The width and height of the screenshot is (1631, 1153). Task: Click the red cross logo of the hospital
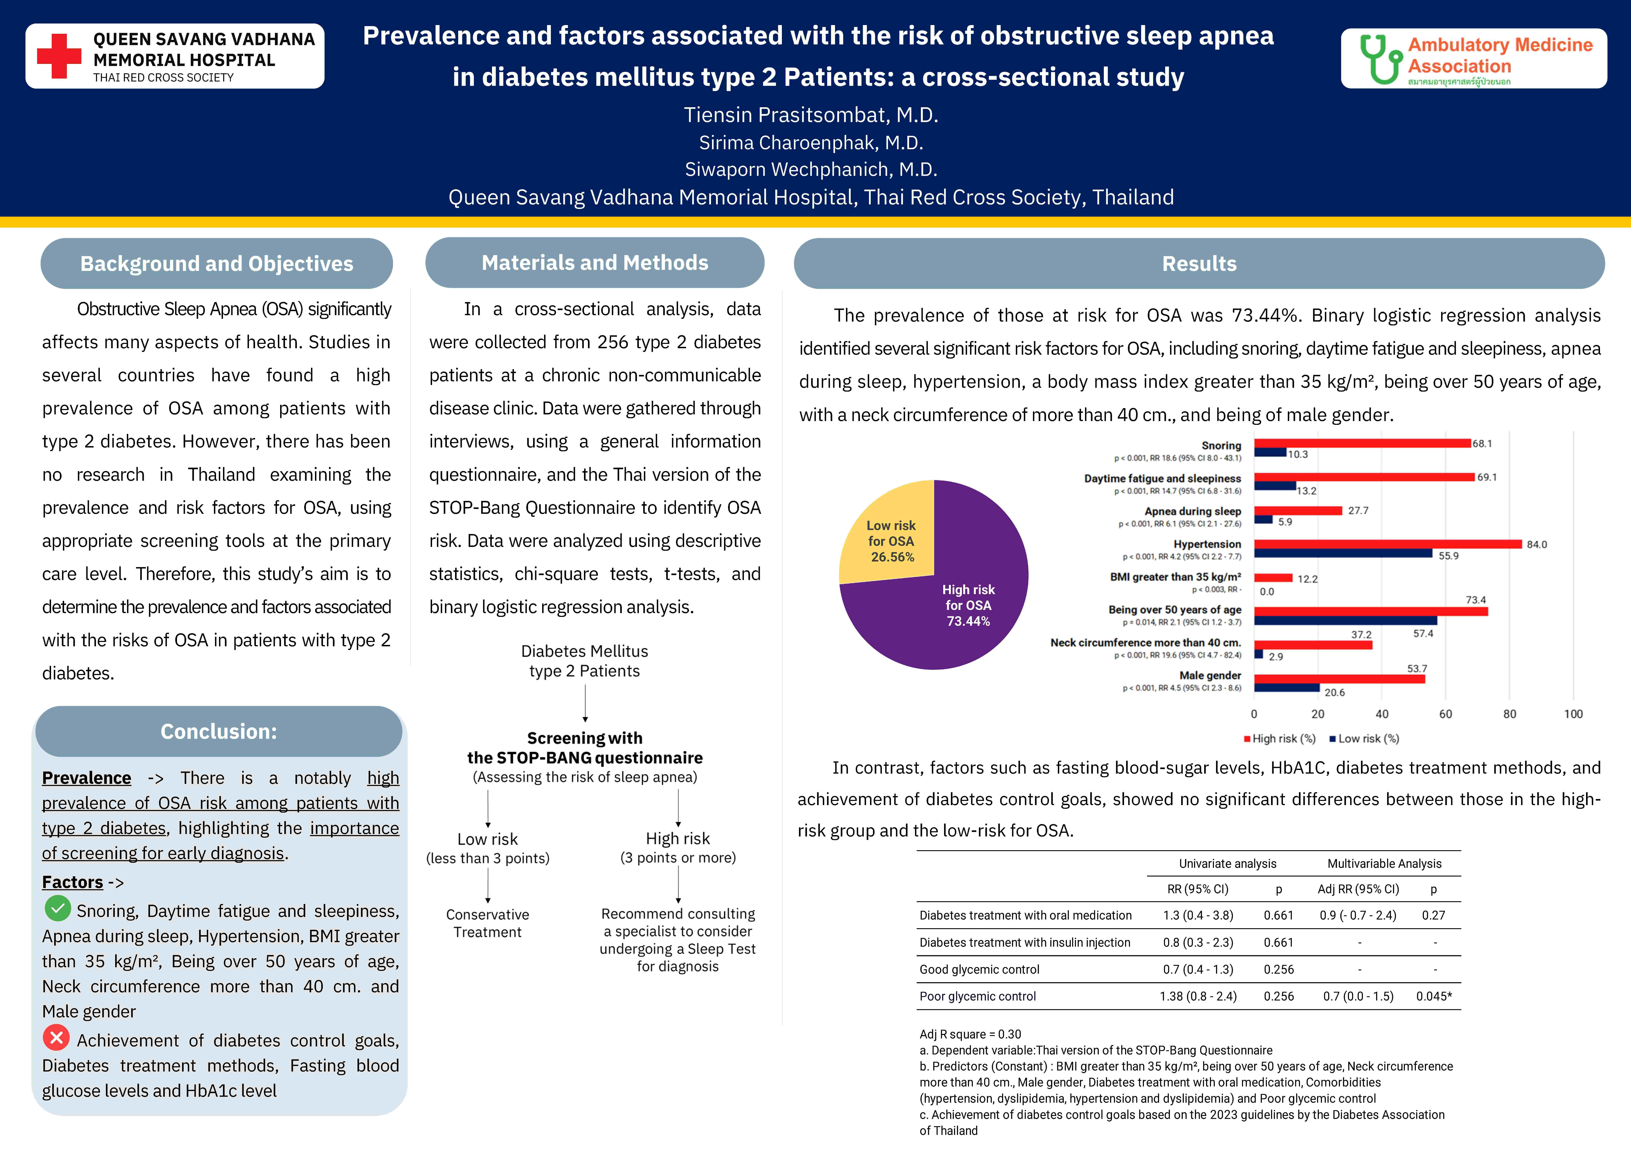[59, 56]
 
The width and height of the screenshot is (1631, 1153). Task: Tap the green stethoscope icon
[1380, 59]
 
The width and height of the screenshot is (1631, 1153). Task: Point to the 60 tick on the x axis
[1446, 714]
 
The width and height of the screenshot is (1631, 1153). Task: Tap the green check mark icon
[57, 908]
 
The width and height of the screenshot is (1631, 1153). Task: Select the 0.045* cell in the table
[1433, 996]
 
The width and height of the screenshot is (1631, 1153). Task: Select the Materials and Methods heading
[595, 263]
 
